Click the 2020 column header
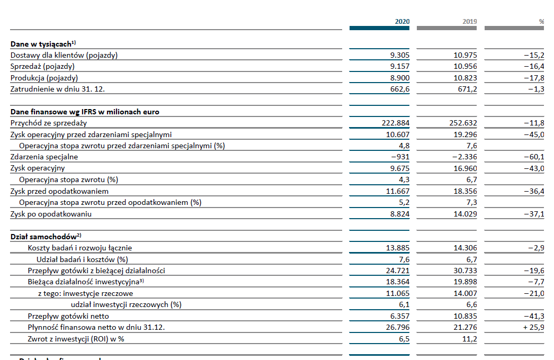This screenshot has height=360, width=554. [x=402, y=22]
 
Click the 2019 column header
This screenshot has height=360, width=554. [x=470, y=22]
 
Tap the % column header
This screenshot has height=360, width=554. [x=541, y=22]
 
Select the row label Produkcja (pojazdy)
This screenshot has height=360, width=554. [x=44, y=78]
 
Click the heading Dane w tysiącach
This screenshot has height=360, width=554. [x=43, y=44]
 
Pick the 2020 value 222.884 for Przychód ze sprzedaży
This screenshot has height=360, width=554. [x=395, y=123]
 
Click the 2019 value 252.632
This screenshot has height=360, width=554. [x=463, y=123]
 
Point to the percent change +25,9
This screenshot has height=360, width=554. [x=533, y=328]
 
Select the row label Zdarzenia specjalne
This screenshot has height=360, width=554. [x=44, y=157]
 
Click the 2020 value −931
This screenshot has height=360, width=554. [x=400, y=157]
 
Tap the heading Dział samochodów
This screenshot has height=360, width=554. [x=46, y=236]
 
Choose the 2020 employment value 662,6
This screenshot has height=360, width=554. [x=400, y=89]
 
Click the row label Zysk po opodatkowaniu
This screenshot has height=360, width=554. [x=51, y=214]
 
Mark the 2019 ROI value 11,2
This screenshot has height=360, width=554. [x=470, y=339]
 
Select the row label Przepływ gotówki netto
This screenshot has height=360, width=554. [x=68, y=316]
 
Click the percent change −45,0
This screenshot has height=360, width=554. [x=534, y=134]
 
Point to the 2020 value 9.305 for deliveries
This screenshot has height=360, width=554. [x=400, y=55]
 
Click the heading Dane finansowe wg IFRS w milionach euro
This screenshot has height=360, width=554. [x=85, y=112]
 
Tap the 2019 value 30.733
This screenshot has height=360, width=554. [x=466, y=271]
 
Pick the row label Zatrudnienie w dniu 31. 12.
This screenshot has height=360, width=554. [x=58, y=89]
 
